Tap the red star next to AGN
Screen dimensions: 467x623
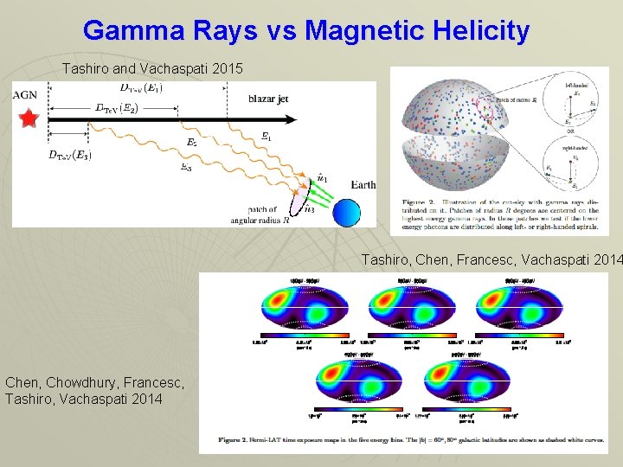tap(29, 118)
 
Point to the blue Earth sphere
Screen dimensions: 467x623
tap(346, 214)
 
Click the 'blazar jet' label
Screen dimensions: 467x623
tap(268, 99)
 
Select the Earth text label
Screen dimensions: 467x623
tap(363, 184)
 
